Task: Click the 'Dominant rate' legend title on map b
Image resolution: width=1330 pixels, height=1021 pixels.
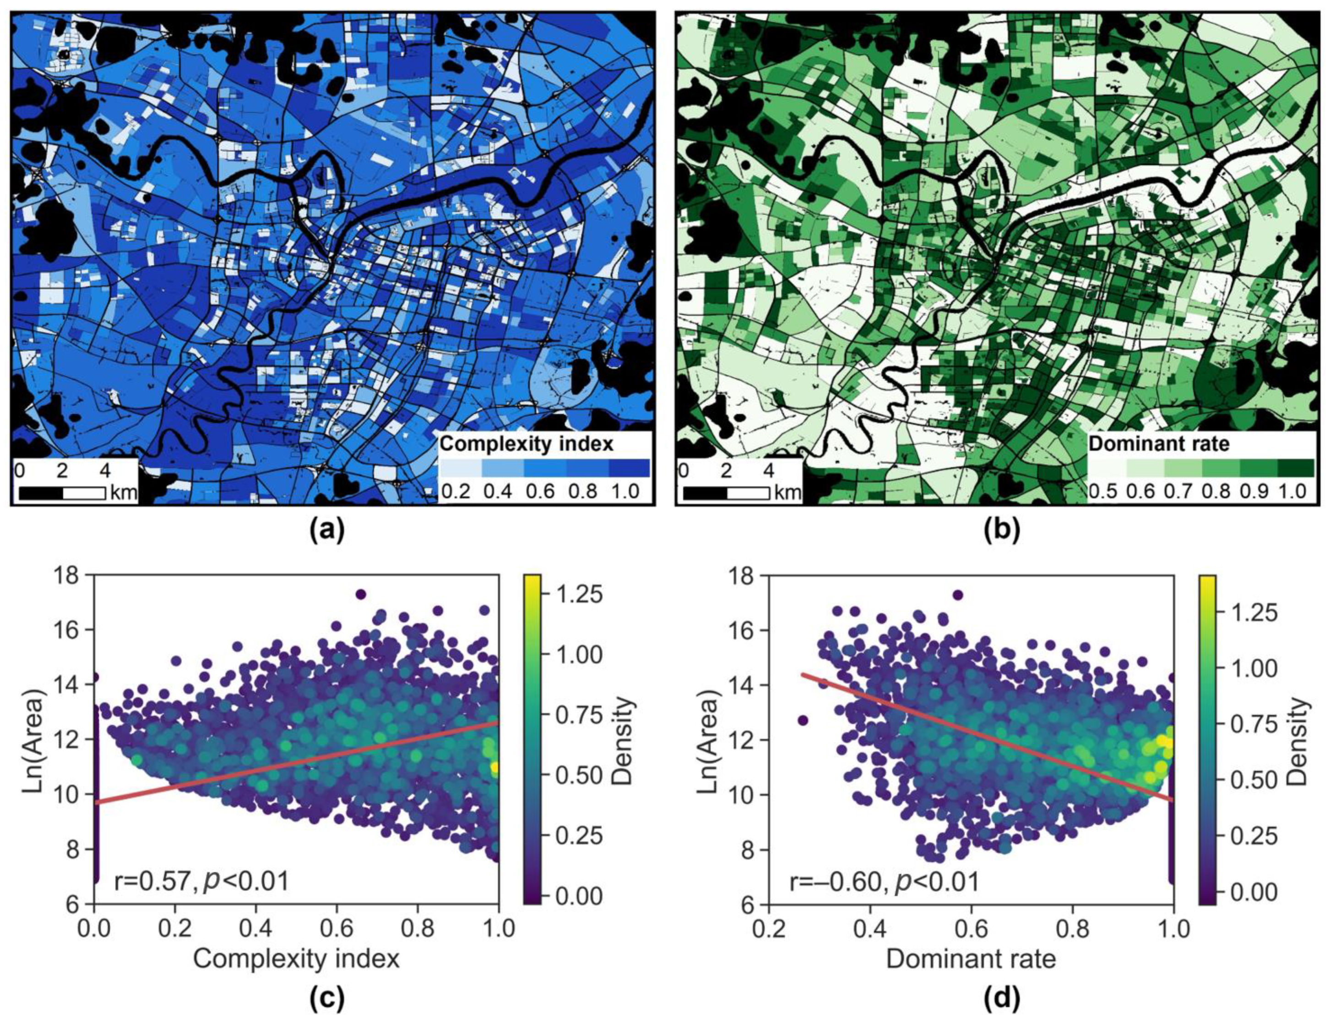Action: pos(1159,444)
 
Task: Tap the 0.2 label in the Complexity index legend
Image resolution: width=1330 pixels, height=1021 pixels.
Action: pos(455,491)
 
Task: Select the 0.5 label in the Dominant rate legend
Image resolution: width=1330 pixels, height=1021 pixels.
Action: pos(1103,491)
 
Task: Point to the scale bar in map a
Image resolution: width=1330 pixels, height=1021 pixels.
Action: pos(62,493)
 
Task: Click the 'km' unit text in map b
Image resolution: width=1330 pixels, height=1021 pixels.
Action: pos(787,493)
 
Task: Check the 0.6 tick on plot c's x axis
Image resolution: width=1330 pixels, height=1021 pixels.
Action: pos(337,928)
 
